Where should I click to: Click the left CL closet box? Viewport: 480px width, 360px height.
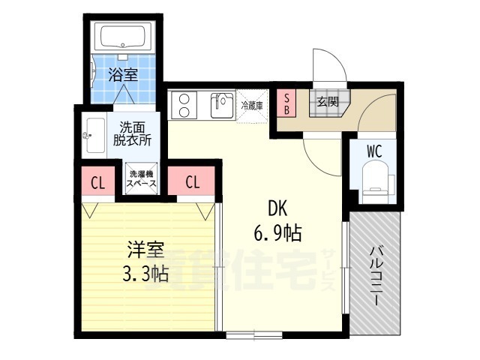(97, 181)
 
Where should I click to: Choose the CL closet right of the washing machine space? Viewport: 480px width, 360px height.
(193, 181)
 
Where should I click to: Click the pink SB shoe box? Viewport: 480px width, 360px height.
(286, 103)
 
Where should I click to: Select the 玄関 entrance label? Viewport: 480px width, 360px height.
(326, 101)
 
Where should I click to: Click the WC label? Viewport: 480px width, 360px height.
(374, 151)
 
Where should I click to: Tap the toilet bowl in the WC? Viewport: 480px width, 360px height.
(374, 181)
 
